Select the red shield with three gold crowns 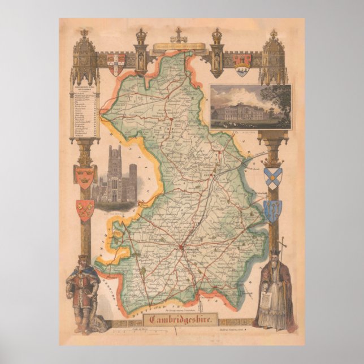click(x=85, y=176)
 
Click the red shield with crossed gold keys click(x=85, y=210)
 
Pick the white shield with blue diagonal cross click(x=272, y=177)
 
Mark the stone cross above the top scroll click(x=179, y=33)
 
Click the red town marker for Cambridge click(x=181, y=246)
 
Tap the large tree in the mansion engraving click(x=278, y=102)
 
